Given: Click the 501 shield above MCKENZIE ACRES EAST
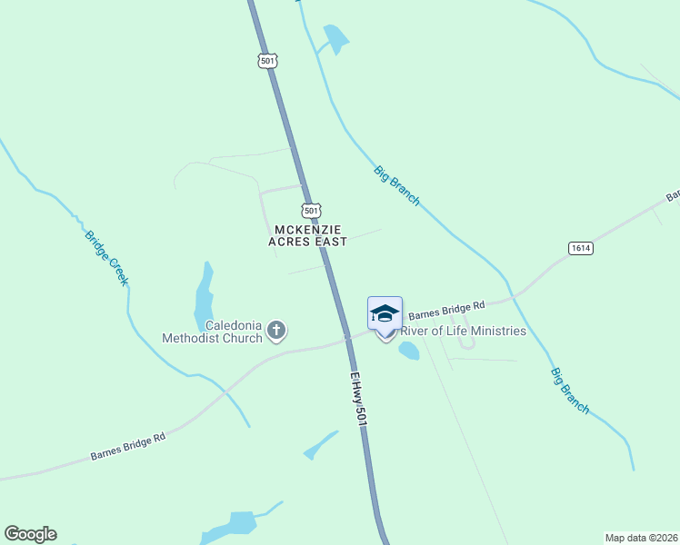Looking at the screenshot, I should click(x=311, y=209).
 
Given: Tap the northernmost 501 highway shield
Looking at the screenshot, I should click(x=266, y=61).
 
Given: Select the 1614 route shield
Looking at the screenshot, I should click(x=582, y=248).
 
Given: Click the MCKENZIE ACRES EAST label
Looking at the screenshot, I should click(x=307, y=236).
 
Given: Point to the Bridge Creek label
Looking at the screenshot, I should click(x=107, y=258).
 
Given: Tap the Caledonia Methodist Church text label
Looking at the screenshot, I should click(x=212, y=332).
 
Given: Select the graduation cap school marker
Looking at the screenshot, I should click(x=385, y=313).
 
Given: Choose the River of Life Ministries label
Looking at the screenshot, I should click(x=464, y=331).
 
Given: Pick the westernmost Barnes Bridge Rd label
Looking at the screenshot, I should click(x=127, y=446).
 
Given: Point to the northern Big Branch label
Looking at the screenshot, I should click(x=396, y=185).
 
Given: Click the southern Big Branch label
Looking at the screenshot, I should click(x=569, y=391).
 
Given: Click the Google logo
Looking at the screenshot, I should click(x=30, y=534).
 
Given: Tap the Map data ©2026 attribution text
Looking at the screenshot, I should click(x=641, y=538).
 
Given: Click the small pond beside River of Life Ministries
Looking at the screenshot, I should click(x=408, y=351).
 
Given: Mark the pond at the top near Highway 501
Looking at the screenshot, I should click(x=335, y=38).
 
